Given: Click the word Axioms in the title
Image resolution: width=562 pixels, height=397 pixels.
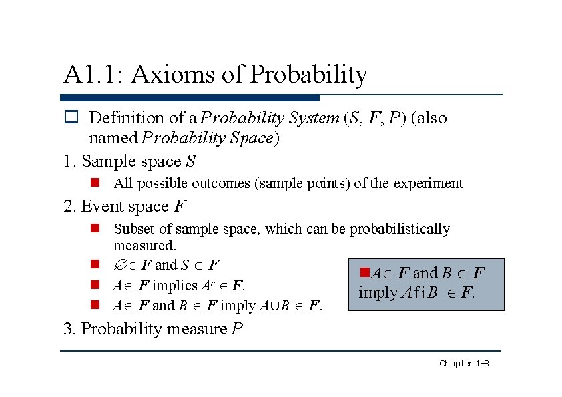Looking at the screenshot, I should coord(173,75).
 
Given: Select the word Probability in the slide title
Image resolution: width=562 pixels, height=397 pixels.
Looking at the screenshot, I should coord(308,75).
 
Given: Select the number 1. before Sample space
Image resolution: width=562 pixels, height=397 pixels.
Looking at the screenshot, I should coord(70,161).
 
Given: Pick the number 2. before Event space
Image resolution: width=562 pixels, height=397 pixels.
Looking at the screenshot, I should coord(71,206).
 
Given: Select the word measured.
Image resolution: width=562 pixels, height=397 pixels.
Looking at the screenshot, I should coord(144,246).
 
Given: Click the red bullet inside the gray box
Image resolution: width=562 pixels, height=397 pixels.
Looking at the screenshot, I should coord(364,272).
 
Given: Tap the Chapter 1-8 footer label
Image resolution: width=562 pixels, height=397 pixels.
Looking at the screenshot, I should coord(464,363).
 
